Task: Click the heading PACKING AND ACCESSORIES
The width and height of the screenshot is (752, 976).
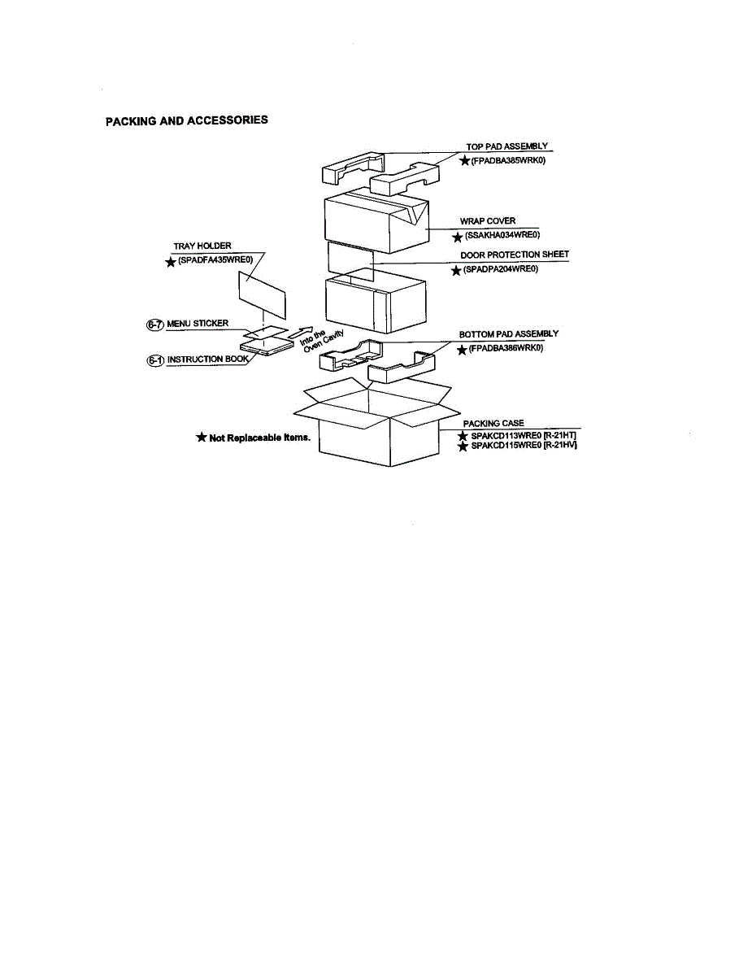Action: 187,120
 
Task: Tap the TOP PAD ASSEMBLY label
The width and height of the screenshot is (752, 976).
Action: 506,146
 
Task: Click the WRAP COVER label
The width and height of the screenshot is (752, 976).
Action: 488,221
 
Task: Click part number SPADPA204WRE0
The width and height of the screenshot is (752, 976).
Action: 500,269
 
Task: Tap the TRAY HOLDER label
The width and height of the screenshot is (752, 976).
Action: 202,246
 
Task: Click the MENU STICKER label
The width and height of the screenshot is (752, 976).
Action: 198,324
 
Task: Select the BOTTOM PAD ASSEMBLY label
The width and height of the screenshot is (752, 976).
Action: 509,334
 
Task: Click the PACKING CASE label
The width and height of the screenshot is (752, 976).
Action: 493,424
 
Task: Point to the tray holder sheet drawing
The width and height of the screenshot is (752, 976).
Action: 262,294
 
